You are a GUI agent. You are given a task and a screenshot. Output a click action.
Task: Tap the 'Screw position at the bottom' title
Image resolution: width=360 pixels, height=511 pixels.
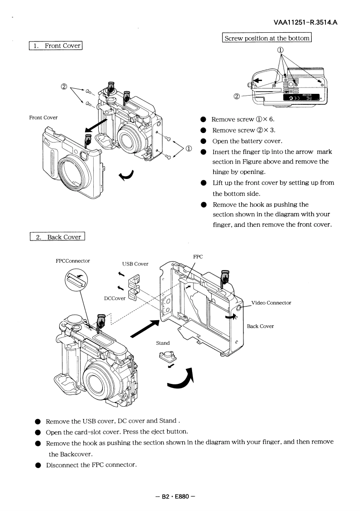tap(266, 39)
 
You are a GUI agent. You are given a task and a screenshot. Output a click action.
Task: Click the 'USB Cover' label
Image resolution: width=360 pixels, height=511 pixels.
tap(134, 264)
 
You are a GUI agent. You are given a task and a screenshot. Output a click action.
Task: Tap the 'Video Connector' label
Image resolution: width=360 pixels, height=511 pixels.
tap(271, 303)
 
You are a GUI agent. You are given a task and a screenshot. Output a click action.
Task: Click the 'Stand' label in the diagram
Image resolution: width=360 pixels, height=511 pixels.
tap(163, 343)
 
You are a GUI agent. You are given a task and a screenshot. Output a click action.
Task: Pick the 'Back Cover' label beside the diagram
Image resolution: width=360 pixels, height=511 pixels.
tap(260, 327)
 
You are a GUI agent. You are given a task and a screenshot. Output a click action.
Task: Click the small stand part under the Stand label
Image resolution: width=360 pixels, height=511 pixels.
tap(166, 357)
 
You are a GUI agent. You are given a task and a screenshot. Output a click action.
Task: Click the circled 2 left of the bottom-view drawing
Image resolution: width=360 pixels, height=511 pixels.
tap(237, 96)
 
